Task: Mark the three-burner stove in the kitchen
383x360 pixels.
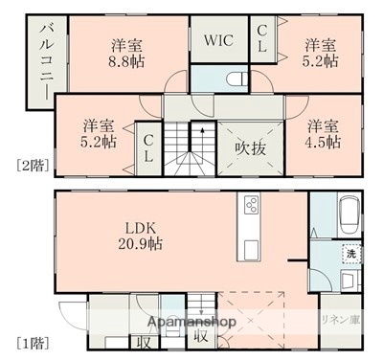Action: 252,206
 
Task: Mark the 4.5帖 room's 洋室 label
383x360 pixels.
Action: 323,125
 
